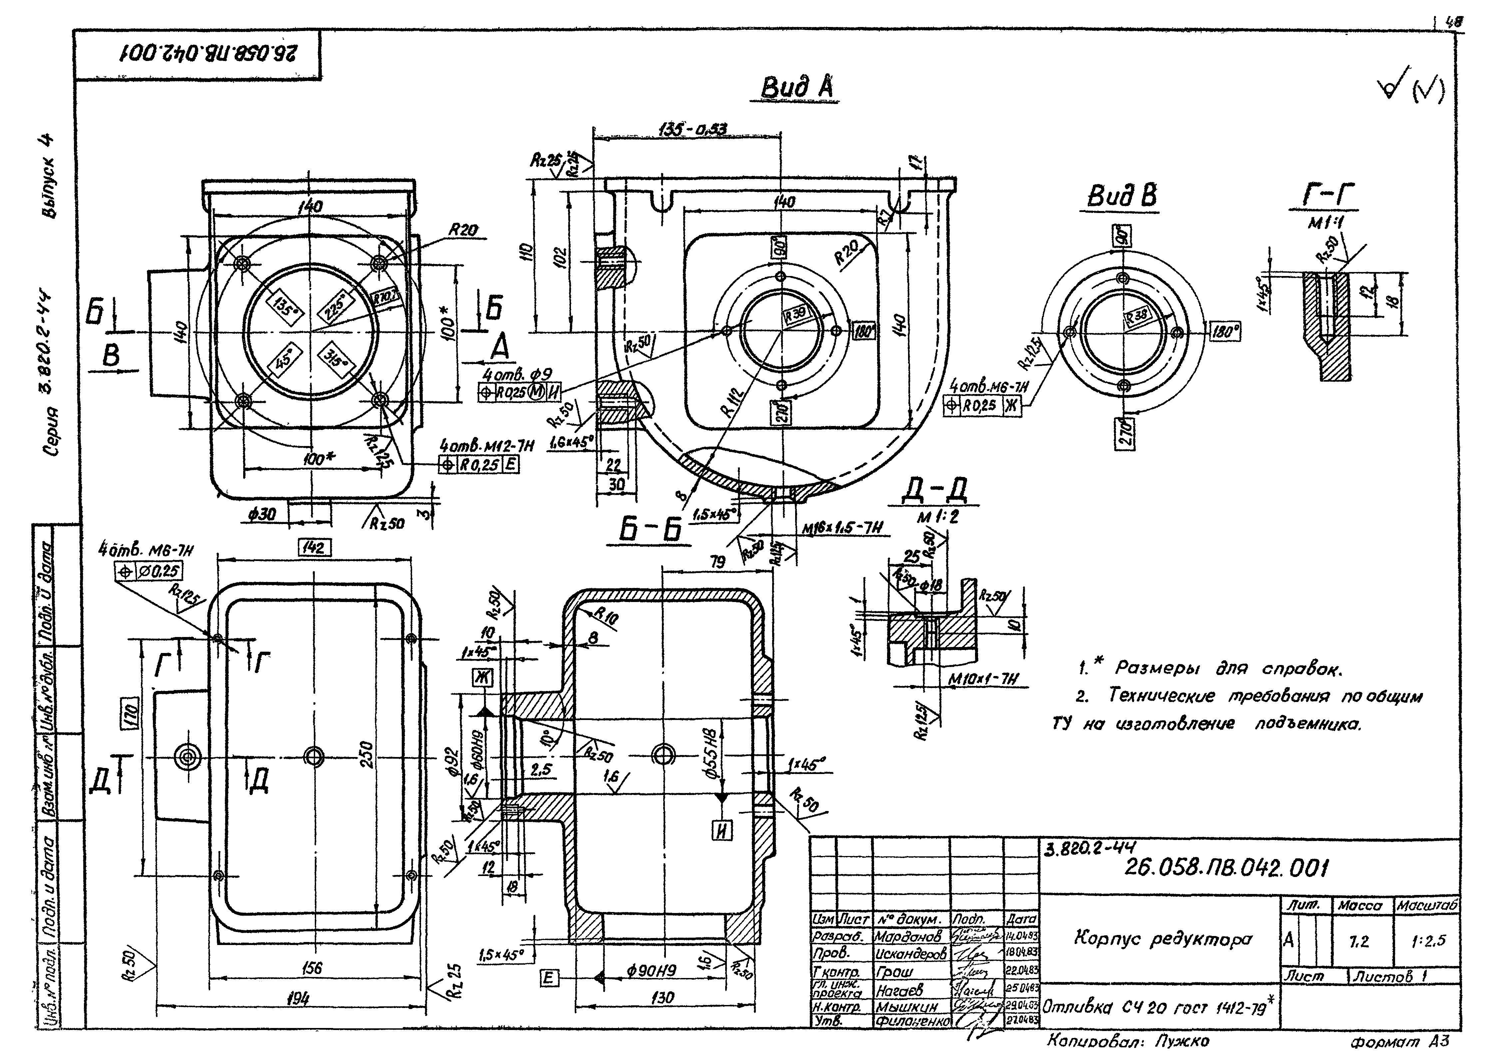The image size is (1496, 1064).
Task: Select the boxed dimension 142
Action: click(313, 548)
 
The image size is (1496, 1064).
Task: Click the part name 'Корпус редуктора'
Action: click(1163, 939)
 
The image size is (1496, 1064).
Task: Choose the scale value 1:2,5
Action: click(1428, 941)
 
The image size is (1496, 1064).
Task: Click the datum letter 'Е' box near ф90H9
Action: click(549, 979)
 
